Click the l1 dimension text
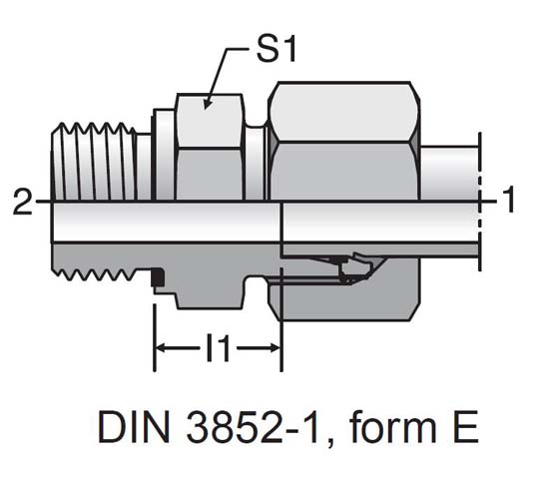pos(217,349)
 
